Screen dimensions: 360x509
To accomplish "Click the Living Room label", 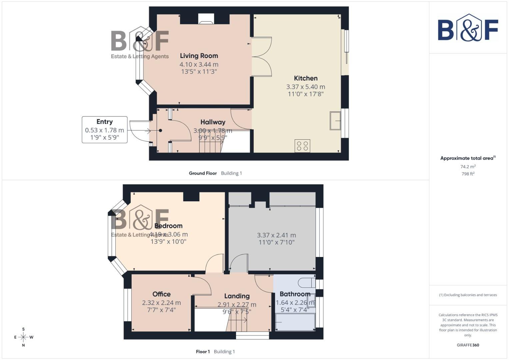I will [199, 56].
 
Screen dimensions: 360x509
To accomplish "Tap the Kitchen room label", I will [305, 78].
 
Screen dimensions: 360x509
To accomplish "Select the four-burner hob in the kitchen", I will [302, 146].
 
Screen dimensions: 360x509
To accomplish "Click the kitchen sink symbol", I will [335, 120].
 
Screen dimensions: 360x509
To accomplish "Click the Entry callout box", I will [105, 130].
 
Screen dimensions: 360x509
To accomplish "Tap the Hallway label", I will [213, 122].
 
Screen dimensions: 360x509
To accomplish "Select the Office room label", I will [161, 294].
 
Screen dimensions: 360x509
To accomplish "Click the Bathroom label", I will [295, 294].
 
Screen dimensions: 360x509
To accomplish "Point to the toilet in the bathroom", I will [307, 283].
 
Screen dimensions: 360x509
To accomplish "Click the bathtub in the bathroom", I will [295, 322].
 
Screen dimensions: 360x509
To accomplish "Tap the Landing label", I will [237, 296].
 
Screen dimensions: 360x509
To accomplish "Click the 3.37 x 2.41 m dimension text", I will [276, 235].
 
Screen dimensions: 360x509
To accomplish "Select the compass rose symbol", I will [23, 337].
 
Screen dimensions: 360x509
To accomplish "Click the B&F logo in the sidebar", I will [468, 28].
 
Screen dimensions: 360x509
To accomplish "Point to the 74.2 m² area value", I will [468, 167].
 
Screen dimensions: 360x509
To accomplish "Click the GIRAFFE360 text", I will [468, 345].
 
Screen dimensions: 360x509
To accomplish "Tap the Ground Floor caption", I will [203, 173].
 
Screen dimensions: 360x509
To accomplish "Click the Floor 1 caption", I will [203, 352].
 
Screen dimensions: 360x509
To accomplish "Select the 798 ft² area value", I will [468, 174].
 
